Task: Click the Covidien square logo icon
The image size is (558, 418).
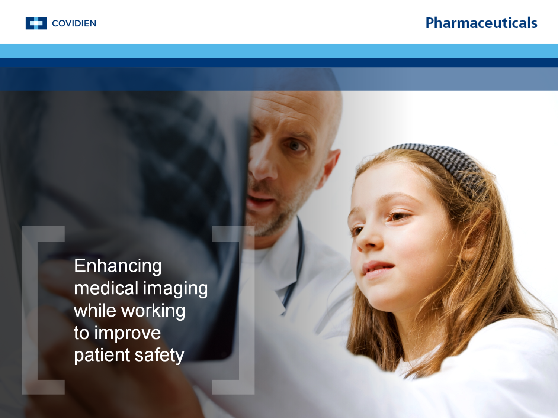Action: pyautogui.click(x=36, y=23)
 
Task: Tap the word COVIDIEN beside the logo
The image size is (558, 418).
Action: pyautogui.click(x=74, y=23)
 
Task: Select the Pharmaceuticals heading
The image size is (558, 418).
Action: pyautogui.click(x=481, y=23)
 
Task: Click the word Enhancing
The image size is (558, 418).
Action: pyautogui.click(x=118, y=266)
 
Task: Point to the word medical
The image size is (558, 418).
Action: pyautogui.click(x=106, y=288)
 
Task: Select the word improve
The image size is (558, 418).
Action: pyautogui.click(x=128, y=333)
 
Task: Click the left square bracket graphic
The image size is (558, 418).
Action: pyautogui.click(x=41, y=310)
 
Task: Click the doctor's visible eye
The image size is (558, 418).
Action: pyautogui.click(x=295, y=145)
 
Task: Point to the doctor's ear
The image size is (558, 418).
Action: pyautogui.click(x=332, y=163)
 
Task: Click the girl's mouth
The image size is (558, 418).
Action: pyautogui.click(x=378, y=268)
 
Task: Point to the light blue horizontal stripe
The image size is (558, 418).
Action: pyautogui.click(x=279, y=51)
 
